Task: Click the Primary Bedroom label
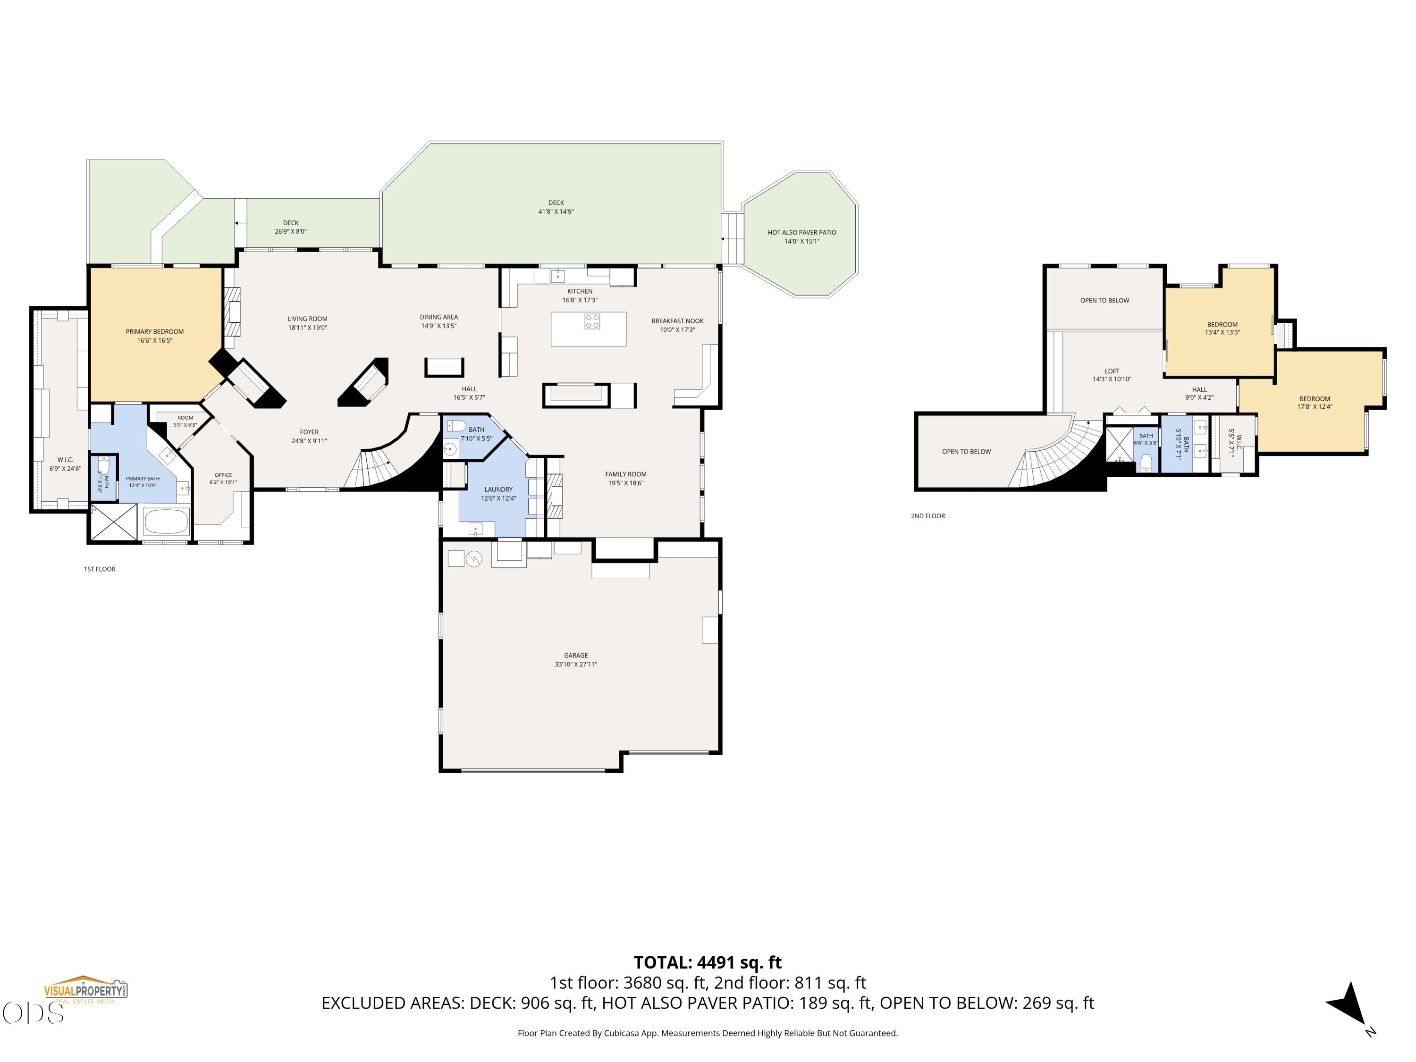154,336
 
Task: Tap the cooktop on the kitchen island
592,320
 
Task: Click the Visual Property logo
85,990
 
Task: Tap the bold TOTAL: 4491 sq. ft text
708,962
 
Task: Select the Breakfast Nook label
677,325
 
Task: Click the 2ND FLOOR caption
927,516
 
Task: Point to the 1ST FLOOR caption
100,569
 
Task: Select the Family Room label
625,479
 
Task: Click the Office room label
223,479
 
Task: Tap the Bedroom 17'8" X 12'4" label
1315,403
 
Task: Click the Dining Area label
438,321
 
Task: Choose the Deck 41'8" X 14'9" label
556,207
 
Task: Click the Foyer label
309,437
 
